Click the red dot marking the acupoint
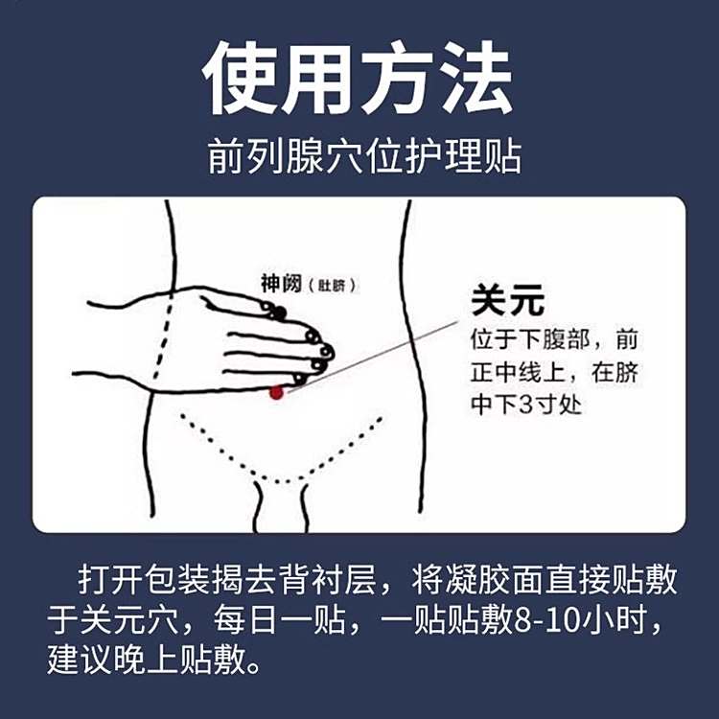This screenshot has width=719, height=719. (x=276, y=392)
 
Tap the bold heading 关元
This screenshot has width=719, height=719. (x=507, y=300)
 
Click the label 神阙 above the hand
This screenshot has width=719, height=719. (x=281, y=283)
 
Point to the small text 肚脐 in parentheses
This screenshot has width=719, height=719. (x=332, y=286)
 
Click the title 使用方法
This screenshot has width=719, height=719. (x=358, y=78)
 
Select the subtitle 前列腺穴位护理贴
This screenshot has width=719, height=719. (x=365, y=156)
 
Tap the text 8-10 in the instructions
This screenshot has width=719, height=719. (x=547, y=620)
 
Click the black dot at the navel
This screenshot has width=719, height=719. (x=278, y=313)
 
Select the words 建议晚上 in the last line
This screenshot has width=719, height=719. (x=113, y=661)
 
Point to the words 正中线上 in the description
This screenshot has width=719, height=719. (x=518, y=372)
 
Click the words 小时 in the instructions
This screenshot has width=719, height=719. (x=615, y=620)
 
